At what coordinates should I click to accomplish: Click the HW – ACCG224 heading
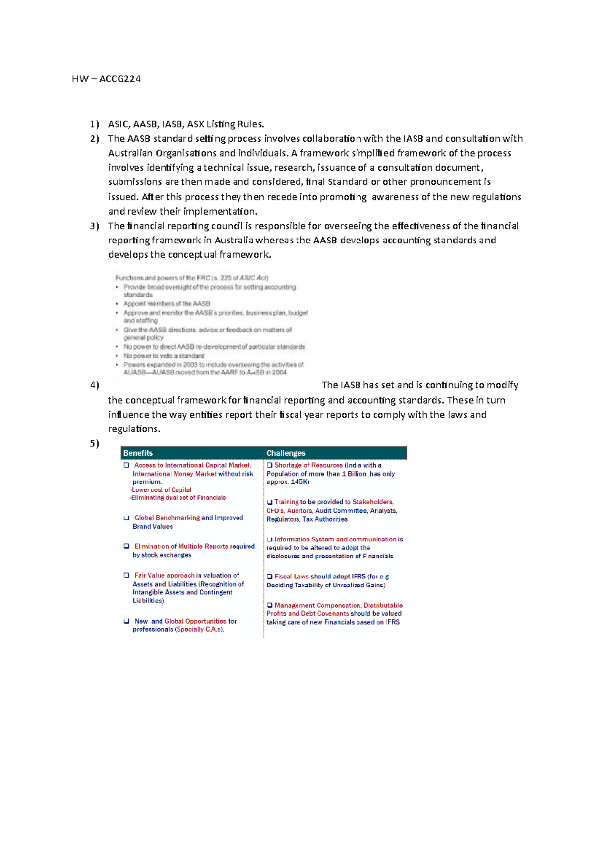click(106, 79)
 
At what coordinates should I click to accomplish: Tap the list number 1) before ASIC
click(94, 124)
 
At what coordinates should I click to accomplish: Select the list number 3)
click(94, 226)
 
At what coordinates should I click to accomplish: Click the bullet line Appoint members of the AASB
click(167, 304)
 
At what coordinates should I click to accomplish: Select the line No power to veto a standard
click(164, 356)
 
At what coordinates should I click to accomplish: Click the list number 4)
click(94, 385)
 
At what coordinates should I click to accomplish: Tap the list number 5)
click(94, 444)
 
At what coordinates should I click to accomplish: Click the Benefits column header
click(138, 453)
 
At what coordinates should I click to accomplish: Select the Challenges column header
click(286, 453)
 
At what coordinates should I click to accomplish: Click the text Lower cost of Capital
click(161, 490)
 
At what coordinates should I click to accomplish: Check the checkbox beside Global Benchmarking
click(126, 518)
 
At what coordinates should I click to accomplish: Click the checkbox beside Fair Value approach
click(126, 575)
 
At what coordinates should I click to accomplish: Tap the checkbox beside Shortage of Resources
click(270, 465)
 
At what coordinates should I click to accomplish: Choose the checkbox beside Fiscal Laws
click(270, 577)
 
